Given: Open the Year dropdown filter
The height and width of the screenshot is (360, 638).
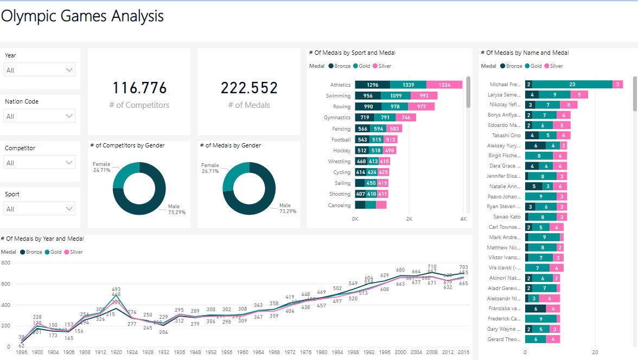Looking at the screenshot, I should click(x=39, y=70).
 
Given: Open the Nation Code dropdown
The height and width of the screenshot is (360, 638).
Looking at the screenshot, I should click(x=39, y=116).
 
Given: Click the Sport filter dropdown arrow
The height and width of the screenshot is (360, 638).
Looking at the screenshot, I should click(x=69, y=209).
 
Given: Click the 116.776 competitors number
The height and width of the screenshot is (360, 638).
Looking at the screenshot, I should click(x=139, y=88).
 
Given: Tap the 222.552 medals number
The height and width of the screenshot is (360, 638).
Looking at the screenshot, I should click(x=249, y=88).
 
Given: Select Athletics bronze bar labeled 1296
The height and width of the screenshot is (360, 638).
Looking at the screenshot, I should click(x=372, y=85).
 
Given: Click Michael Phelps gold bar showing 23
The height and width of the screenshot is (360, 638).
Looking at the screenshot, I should click(x=572, y=84).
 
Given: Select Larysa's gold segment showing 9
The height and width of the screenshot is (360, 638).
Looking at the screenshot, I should click(x=554, y=94).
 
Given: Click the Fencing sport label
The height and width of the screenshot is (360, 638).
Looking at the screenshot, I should click(x=341, y=129).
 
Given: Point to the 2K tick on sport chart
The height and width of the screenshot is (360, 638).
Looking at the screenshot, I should click(x=409, y=219).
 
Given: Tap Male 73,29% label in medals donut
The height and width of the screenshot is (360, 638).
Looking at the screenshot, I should click(x=288, y=208).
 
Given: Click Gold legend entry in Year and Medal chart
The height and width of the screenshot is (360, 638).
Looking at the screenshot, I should click(x=53, y=252).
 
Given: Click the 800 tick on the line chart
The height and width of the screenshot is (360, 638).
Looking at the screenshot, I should click(x=6, y=262).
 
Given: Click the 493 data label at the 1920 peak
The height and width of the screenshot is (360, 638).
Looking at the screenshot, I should click(x=116, y=289).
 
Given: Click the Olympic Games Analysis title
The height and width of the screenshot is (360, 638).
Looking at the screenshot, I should click(x=82, y=16).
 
